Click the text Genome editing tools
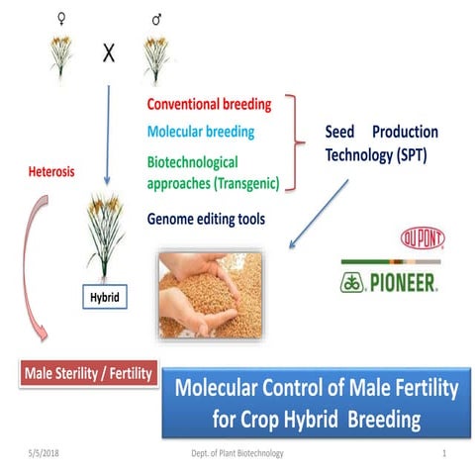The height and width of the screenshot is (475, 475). [x=206, y=220]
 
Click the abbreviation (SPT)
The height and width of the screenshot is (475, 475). [x=416, y=158]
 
